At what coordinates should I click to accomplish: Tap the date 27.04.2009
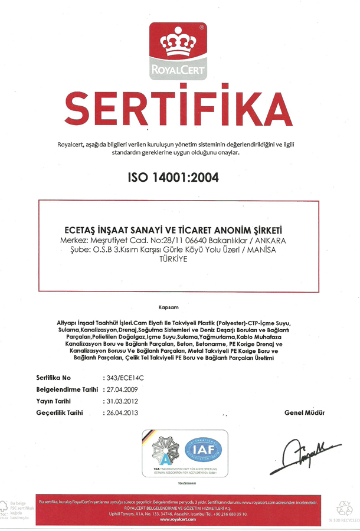(x=122, y=389)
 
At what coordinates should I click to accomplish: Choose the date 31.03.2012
(x=122, y=401)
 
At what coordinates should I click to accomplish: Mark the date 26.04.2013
(x=122, y=412)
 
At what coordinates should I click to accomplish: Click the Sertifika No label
(x=54, y=377)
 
